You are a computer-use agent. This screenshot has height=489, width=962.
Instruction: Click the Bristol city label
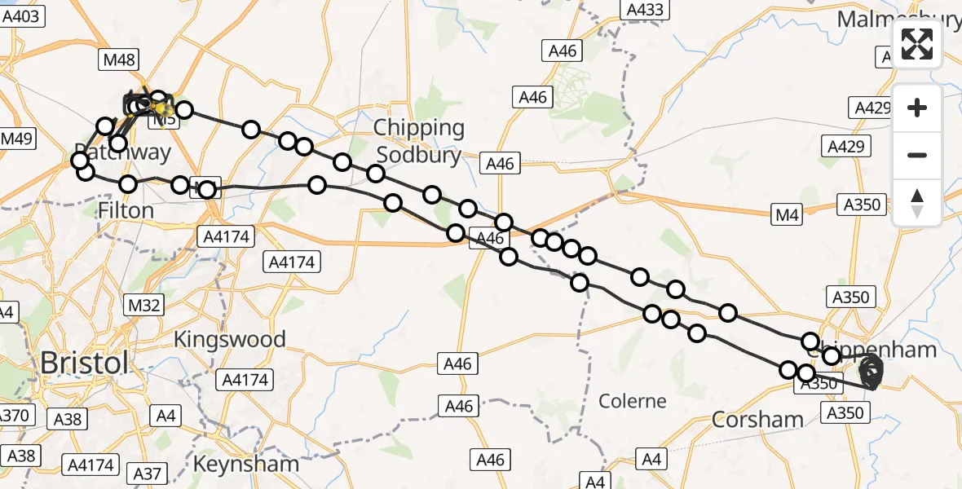(x=84, y=363)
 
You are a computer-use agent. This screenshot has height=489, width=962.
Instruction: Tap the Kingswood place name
(x=230, y=339)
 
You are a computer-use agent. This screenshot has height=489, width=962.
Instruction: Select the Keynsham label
(x=246, y=464)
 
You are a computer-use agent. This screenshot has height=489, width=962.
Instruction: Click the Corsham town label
(x=757, y=419)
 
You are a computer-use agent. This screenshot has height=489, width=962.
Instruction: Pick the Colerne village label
(x=633, y=401)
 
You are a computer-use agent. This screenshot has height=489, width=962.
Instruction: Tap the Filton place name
(x=126, y=210)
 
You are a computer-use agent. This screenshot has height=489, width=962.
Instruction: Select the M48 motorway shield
(x=119, y=59)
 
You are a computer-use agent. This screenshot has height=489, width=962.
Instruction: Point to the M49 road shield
(x=15, y=139)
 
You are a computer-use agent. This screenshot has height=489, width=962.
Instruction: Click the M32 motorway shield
(x=143, y=305)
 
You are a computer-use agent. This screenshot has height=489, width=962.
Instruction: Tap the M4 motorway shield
(x=788, y=214)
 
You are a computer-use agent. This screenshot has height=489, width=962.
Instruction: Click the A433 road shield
(x=645, y=10)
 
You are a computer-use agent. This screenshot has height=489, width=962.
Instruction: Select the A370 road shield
(x=15, y=416)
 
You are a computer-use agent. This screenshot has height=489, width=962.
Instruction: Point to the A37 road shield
(x=148, y=473)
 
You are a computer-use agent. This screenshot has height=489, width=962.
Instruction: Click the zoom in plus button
(x=917, y=108)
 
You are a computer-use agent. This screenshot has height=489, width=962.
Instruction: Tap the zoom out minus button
(x=917, y=155)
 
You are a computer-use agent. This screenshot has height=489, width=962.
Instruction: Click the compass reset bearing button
(x=917, y=202)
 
